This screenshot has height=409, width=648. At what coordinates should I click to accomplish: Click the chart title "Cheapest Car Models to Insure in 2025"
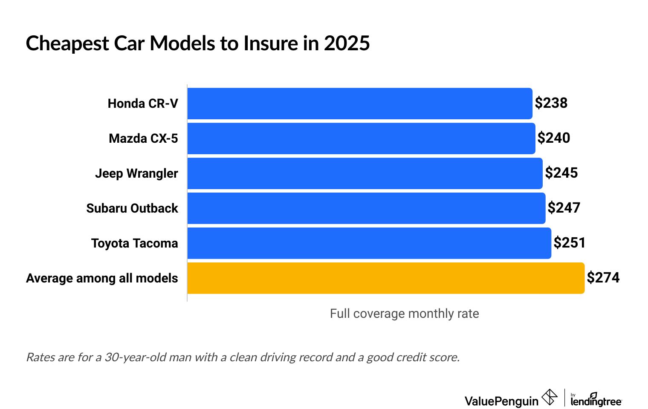click(x=198, y=43)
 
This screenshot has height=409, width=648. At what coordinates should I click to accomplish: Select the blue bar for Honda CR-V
click(x=359, y=104)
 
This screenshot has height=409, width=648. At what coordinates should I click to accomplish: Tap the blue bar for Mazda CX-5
click(x=361, y=138)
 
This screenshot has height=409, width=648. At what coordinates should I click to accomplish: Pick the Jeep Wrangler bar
click(x=365, y=173)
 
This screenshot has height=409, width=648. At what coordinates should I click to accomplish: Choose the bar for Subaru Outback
click(x=366, y=208)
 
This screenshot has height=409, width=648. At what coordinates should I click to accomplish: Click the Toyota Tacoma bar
click(x=369, y=243)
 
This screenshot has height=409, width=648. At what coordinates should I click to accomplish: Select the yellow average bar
click(x=386, y=278)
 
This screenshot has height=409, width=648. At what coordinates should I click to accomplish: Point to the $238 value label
click(x=551, y=103)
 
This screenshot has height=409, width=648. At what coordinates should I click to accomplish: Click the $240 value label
click(x=553, y=138)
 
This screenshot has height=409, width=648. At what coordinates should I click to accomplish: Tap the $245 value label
click(x=561, y=173)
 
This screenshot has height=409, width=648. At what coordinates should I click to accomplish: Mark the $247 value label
click(x=564, y=208)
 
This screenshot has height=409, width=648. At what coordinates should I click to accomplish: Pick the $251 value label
click(x=569, y=243)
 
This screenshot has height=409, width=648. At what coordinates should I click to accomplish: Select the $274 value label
click(x=603, y=278)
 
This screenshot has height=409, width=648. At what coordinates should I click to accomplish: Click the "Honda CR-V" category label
click(x=143, y=104)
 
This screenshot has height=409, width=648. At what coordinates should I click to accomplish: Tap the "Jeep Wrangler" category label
click(x=136, y=173)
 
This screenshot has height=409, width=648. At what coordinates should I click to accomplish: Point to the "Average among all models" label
click(x=102, y=278)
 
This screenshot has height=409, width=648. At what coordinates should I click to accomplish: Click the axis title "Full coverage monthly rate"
click(x=404, y=314)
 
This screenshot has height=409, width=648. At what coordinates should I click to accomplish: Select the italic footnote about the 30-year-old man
click(x=243, y=357)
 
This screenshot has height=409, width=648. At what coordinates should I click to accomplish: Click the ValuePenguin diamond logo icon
click(x=549, y=397)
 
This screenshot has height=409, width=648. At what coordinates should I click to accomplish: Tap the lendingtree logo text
click(x=596, y=401)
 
